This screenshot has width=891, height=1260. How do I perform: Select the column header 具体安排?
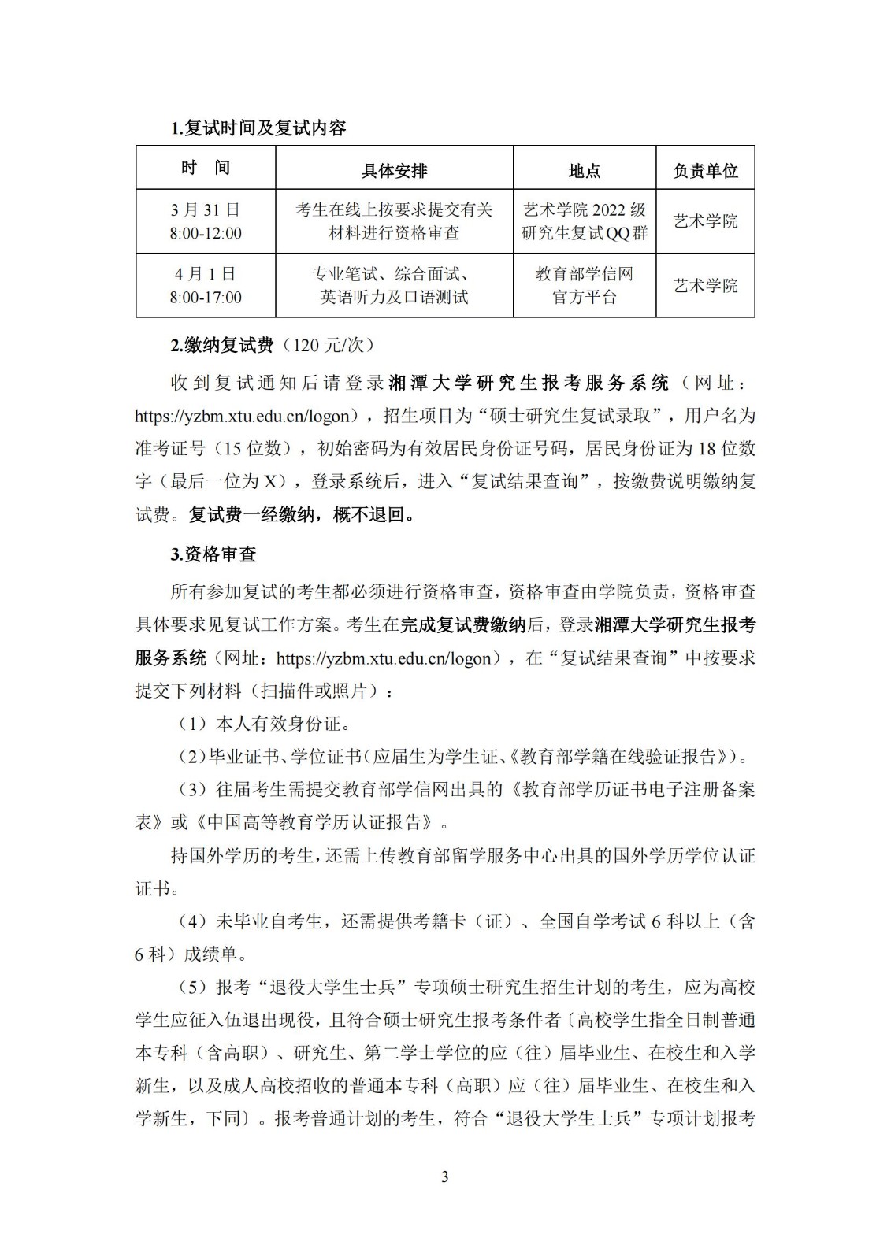(394, 171)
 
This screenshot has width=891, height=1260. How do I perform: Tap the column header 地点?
(584, 171)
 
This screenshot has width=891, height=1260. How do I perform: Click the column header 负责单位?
(705, 171)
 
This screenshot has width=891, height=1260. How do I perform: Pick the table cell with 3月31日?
(206, 221)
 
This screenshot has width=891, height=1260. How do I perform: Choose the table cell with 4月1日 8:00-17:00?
(206, 286)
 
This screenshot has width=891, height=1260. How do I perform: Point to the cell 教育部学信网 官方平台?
(584, 286)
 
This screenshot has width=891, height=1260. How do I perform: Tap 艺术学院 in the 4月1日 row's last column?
(705, 286)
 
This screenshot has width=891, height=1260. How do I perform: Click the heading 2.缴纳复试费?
(221, 345)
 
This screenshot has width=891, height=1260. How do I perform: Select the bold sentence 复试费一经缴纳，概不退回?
(301, 515)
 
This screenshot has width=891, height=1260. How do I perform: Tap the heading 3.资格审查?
(213, 554)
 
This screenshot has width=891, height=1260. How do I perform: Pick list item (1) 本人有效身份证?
(261, 723)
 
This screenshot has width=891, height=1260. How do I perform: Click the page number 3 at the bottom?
(445, 1177)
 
